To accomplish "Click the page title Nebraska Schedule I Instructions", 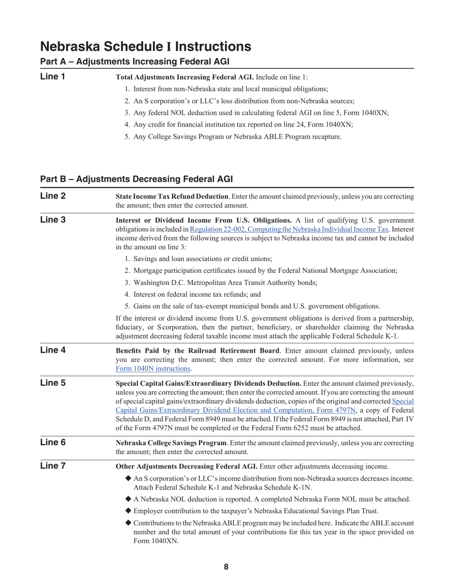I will pyautogui.click(x=146, y=46).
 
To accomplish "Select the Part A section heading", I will pyautogui.click(x=135, y=62).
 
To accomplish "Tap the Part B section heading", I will pyautogui.click(x=137, y=179).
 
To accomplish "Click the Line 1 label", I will pyautogui.click(x=53, y=76).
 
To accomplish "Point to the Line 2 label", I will pyautogui.click(x=53, y=196).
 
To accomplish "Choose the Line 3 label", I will pyautogui.click(x=53, y=220).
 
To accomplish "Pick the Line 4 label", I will pyautogui.click(x=53, y=350).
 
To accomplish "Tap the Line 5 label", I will pyautogui.click(x=53, y=383).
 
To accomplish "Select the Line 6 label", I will pyautogui.click(x=53, y=442).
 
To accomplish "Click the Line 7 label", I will pyautogui.click(x=53, y=466).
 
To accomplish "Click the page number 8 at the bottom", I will pyautogui.click(x=226, y=567).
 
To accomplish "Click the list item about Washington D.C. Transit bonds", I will pyautogui.click(x=225, y=283).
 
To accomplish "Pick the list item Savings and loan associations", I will pyautogui.click(x=203, y=259).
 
